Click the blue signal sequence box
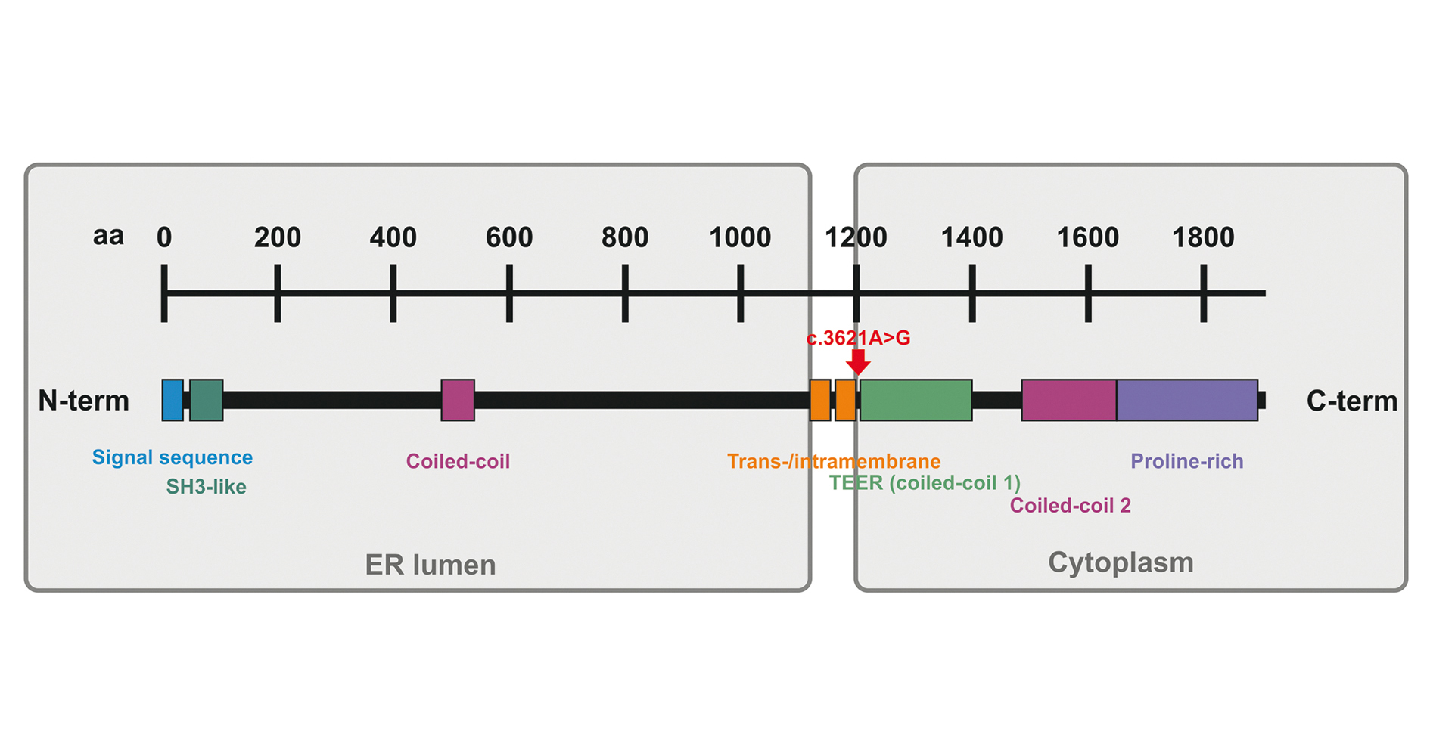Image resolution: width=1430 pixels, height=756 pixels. [x=173, y=400]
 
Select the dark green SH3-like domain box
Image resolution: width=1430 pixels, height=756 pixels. [x=207, y=400]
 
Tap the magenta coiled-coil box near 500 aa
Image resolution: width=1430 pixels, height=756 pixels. [x=458, y=400]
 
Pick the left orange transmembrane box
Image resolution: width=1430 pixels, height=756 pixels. [x=820, y=400]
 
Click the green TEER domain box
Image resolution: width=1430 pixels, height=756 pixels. [x=916, y=400]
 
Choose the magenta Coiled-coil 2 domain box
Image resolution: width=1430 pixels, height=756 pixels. [x=1069, y=400]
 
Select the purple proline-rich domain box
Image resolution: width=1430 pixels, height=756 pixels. [x=1187, y=400]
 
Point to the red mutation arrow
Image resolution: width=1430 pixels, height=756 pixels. [x=858, y=362]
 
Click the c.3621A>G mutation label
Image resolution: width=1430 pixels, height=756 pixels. [x=858, y=338]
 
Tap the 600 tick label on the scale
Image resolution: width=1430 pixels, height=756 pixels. [x=509, y=237]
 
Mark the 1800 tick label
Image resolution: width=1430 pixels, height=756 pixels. [x=1203, y=237]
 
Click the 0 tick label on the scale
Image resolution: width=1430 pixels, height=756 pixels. [x=164, y=237]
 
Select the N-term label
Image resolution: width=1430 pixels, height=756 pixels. [x=84, y=401]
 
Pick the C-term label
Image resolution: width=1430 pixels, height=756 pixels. [x=1352, y=401]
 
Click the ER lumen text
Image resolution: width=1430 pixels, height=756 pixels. [x=431, y=565]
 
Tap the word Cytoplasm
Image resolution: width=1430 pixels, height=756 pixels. [x=1121, y=562]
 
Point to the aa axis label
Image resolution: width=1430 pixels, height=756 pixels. [x=108, y=236]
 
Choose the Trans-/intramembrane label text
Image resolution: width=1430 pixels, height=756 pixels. [x=834, y=461]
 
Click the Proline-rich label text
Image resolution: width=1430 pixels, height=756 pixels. [x=1186, y=461]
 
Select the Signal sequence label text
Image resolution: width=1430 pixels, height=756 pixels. [x=173, y=457]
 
